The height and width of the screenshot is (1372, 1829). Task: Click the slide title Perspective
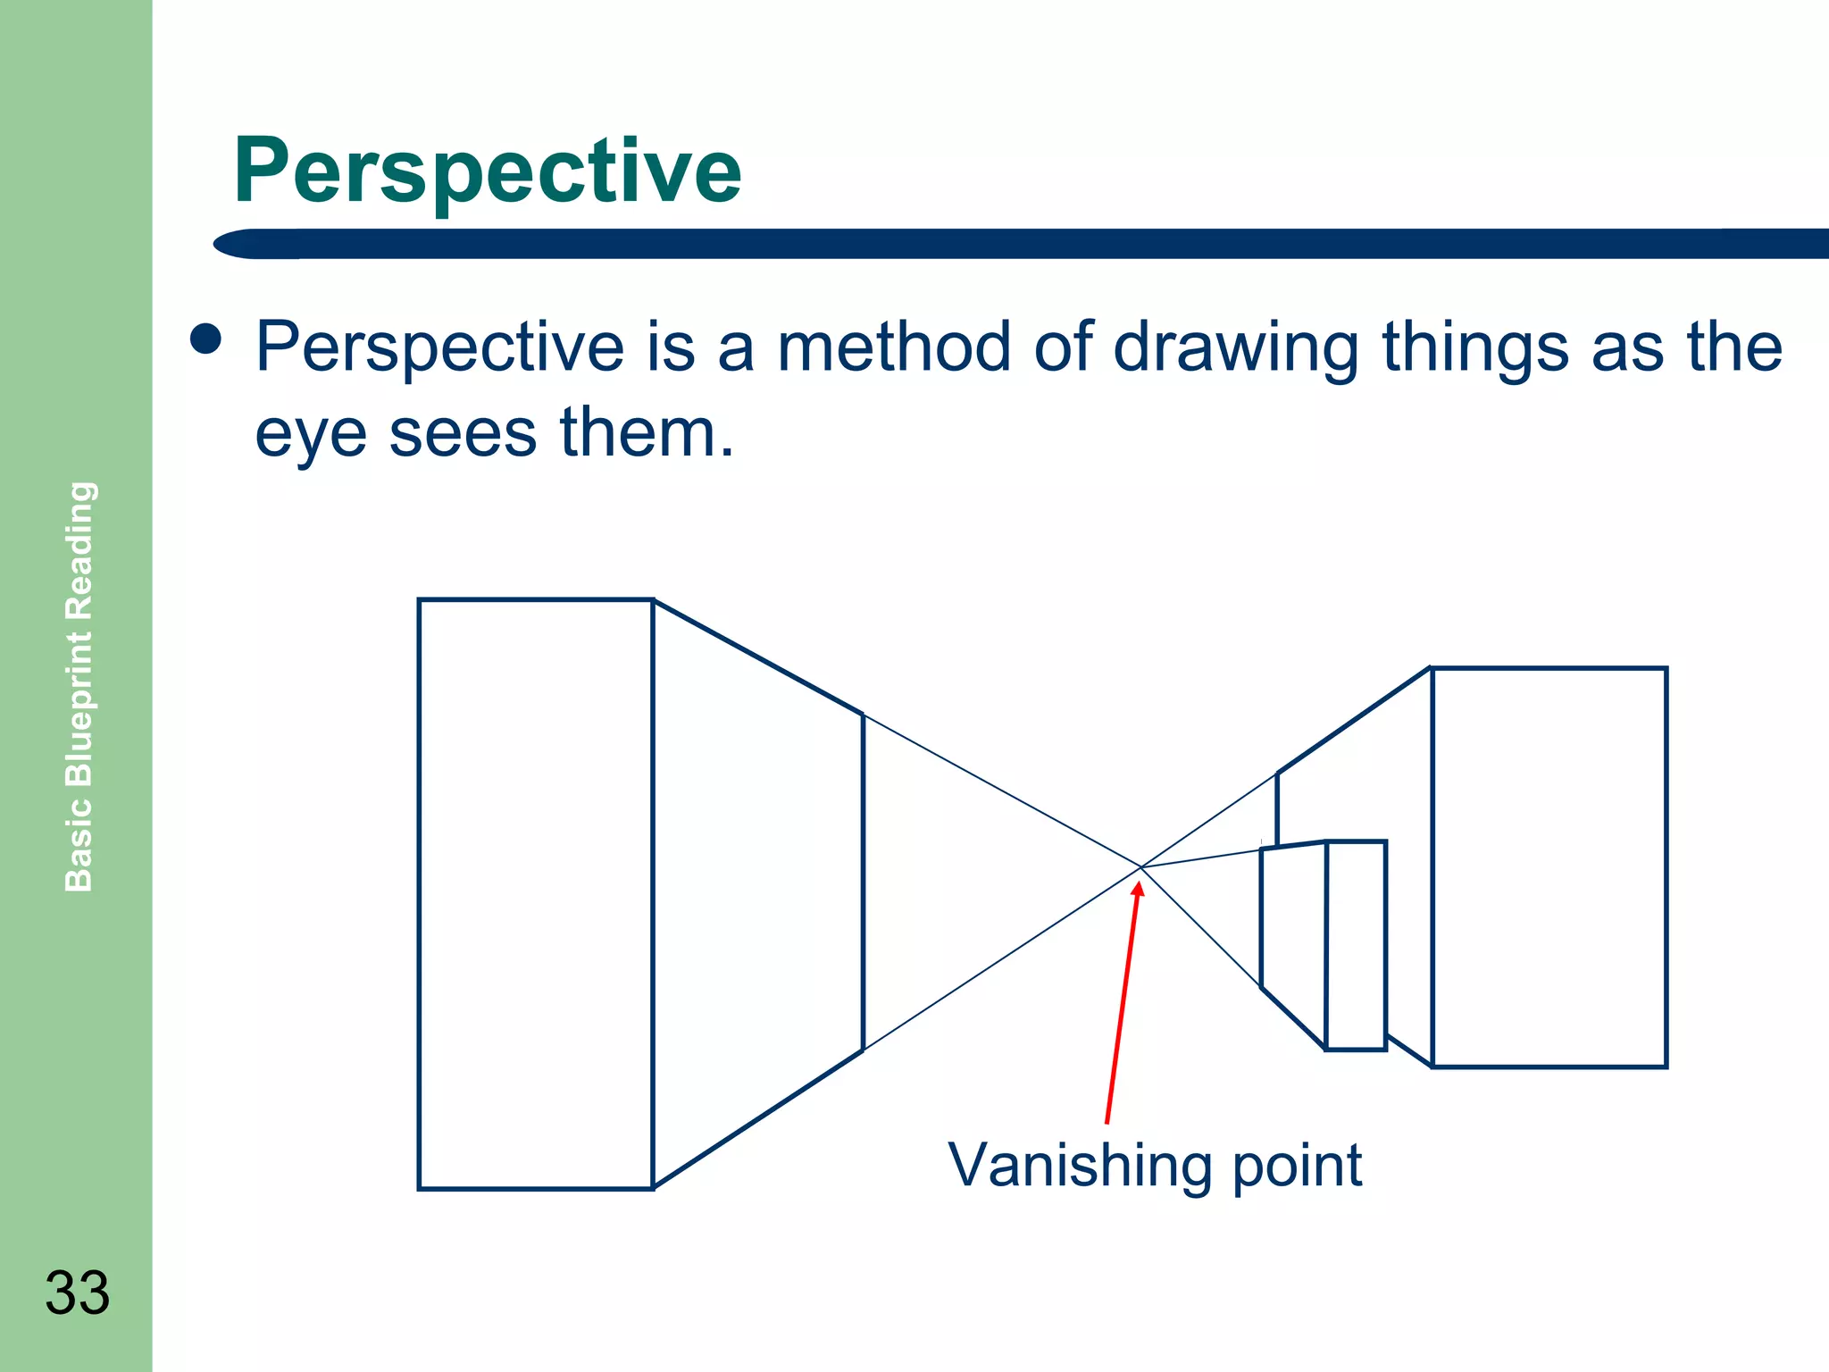[487, 171]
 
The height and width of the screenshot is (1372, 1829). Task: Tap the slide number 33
[78, 1293]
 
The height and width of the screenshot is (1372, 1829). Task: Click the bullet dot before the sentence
[206, 339]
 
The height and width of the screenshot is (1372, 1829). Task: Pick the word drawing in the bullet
[1236, 348]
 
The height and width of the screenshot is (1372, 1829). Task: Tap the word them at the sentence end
[646, 432]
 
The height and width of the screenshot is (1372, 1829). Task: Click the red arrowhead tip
[1139, 883]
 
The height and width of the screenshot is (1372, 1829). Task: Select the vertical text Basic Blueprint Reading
[79, 686]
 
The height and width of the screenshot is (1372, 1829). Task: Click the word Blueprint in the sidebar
[79, 707]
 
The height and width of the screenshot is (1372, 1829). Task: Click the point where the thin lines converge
[1141, 866]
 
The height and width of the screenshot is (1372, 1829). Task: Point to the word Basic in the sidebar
[79, 845]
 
